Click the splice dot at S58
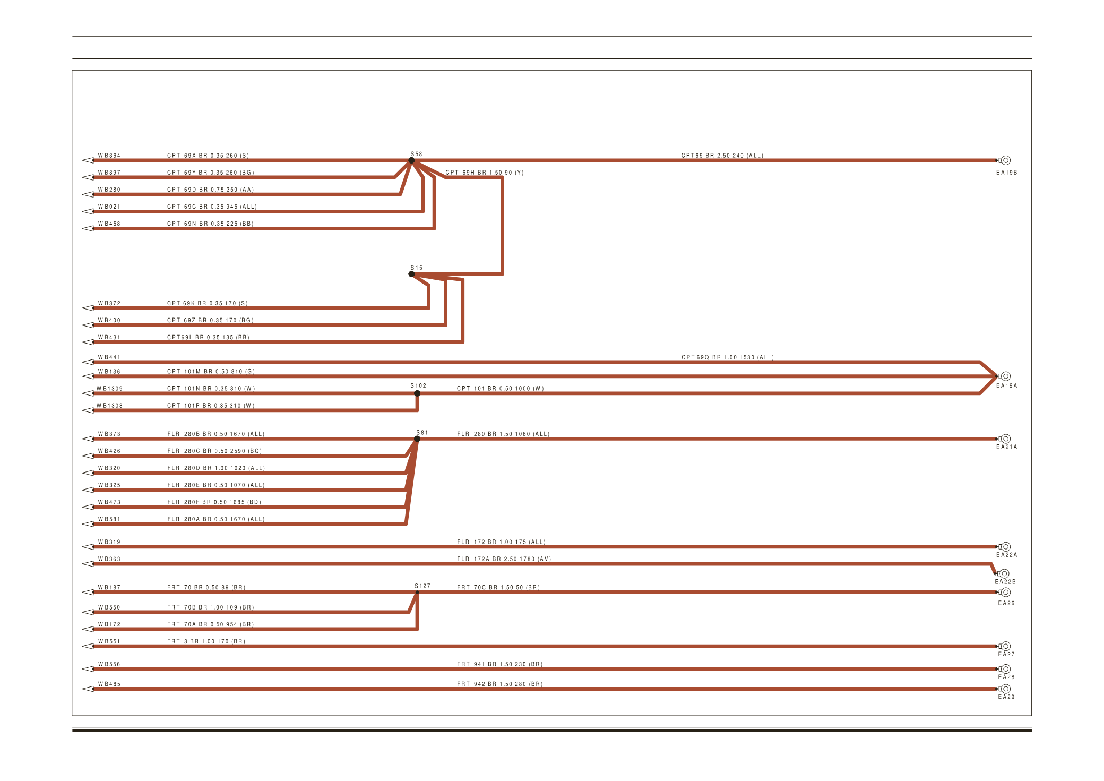411,160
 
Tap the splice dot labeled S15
411,274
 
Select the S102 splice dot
417,393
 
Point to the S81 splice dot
418,439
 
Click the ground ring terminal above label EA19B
1005,160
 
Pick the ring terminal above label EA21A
1005,439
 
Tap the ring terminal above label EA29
1005,689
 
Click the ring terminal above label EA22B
1004,573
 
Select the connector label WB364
109,156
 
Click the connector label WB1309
109,389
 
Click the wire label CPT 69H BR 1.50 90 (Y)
484,173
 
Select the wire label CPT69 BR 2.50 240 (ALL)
722,156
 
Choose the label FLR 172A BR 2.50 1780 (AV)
504,559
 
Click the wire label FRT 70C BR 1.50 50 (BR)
498,588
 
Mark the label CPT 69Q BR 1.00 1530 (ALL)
727,357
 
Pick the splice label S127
422,586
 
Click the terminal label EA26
1006,603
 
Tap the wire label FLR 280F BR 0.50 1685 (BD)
214,502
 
